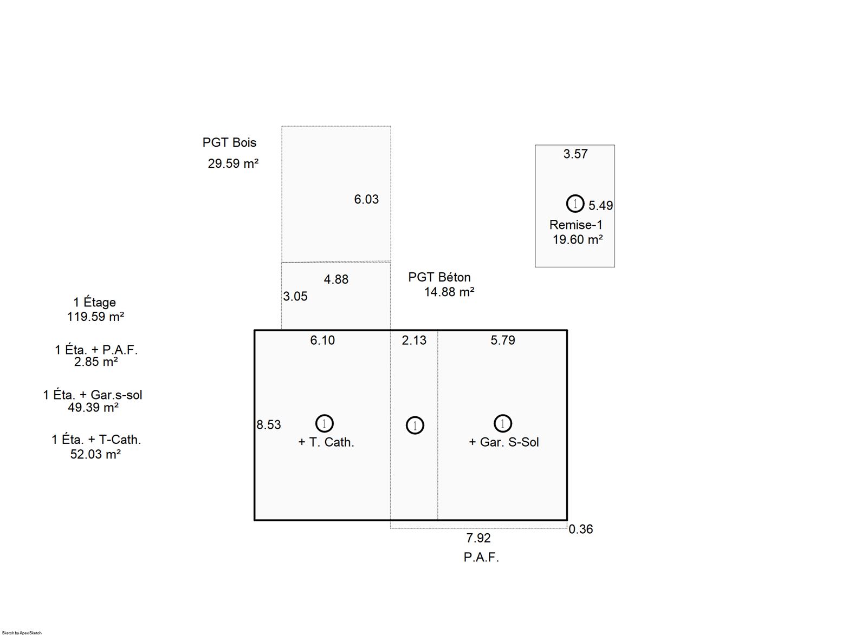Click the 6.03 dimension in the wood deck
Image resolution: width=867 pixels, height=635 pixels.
[366, 199]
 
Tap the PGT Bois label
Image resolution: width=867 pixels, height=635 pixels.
[229, 142]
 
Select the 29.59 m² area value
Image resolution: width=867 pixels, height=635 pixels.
[233, 163]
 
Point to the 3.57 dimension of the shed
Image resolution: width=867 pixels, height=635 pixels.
[575, 154]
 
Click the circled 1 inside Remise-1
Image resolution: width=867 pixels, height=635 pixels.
[575, 204]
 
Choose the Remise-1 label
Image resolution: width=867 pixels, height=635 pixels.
[576, 225]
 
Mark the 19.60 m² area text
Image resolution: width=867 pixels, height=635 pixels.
[578, 239]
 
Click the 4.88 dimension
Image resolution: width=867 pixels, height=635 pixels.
[336, 279]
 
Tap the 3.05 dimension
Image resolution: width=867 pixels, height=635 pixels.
[295, 296]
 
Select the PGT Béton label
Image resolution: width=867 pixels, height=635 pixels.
[439, 277]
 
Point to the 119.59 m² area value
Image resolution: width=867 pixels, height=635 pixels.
[95, 316]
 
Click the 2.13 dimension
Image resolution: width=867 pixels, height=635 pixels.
[414, 341]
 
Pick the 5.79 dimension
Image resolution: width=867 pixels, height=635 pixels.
[503, 341]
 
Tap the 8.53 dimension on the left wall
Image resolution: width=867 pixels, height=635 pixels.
[269, 424]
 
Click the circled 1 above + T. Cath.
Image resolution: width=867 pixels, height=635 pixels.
[325, 423]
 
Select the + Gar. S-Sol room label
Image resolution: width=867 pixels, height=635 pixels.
[503, 442]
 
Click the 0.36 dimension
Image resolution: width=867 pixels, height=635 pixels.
[580, 529]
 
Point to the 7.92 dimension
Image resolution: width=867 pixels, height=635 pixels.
[478, 538]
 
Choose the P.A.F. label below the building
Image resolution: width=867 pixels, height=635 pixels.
[481, 557]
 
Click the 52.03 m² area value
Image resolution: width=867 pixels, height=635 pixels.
[95, 454]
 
